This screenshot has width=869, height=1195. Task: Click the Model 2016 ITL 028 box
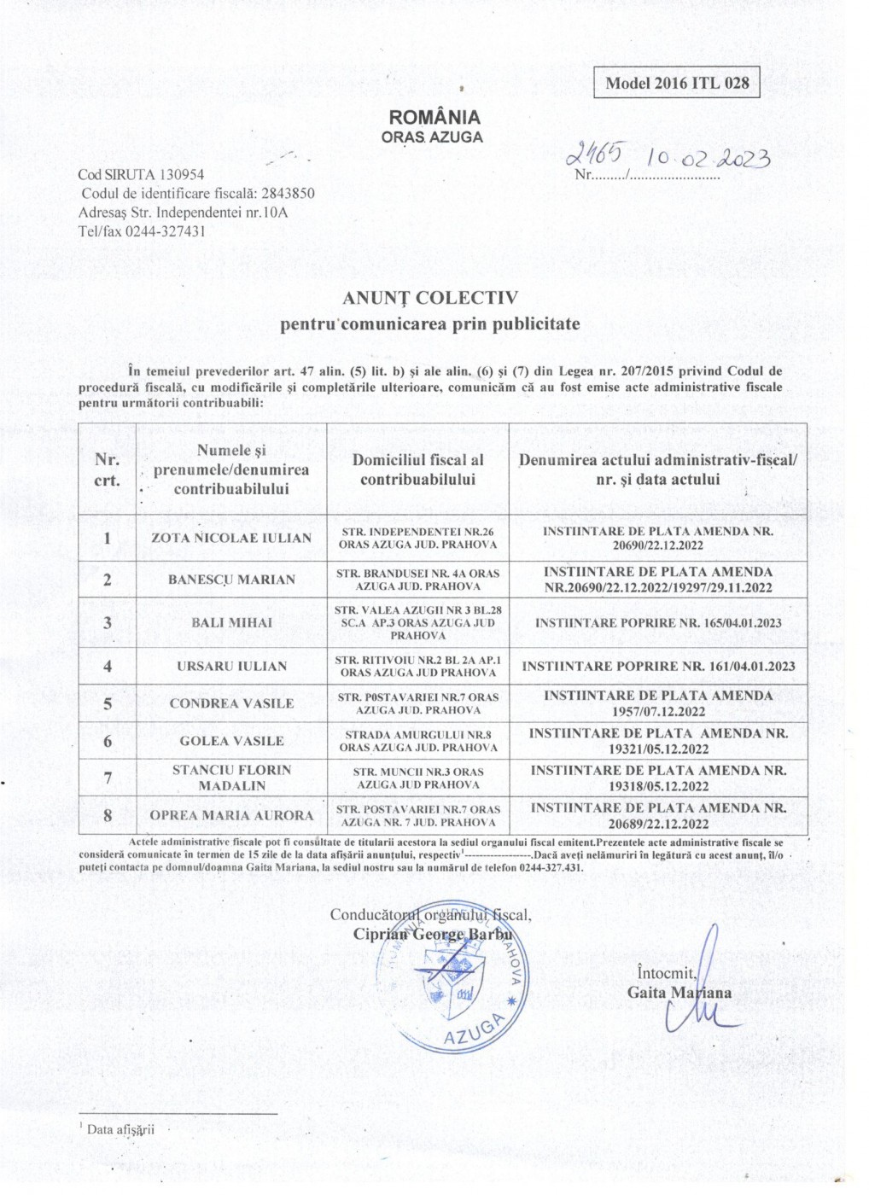[x=676, y=83]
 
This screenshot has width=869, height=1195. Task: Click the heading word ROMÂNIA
[x=434, y=118]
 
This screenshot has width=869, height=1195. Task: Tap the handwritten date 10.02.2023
[x=709, y=159]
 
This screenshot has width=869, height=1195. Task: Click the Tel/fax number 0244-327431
[x=166, y=231]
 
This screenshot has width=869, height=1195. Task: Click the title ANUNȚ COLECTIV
[x=430, y=298]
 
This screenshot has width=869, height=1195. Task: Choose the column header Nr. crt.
[x=107, y=469]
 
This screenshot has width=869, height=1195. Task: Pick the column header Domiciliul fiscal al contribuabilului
[x=417, y=469]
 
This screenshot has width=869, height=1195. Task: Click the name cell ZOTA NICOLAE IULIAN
[x=231, y=538]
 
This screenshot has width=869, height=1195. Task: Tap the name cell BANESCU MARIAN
[x=231, y=580]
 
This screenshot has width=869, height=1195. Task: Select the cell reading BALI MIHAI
[x=231, y=623]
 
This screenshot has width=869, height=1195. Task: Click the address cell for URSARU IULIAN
[x=417, y=666]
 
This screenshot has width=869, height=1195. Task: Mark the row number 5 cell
[x=108, y=704]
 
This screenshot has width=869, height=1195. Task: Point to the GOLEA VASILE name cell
[x=231, y=741]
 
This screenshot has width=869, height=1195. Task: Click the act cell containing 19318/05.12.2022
[x=658, y=778]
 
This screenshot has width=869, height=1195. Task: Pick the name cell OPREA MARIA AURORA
[x=231, y=815]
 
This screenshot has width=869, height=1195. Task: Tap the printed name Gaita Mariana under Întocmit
[x=679, y=993]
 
